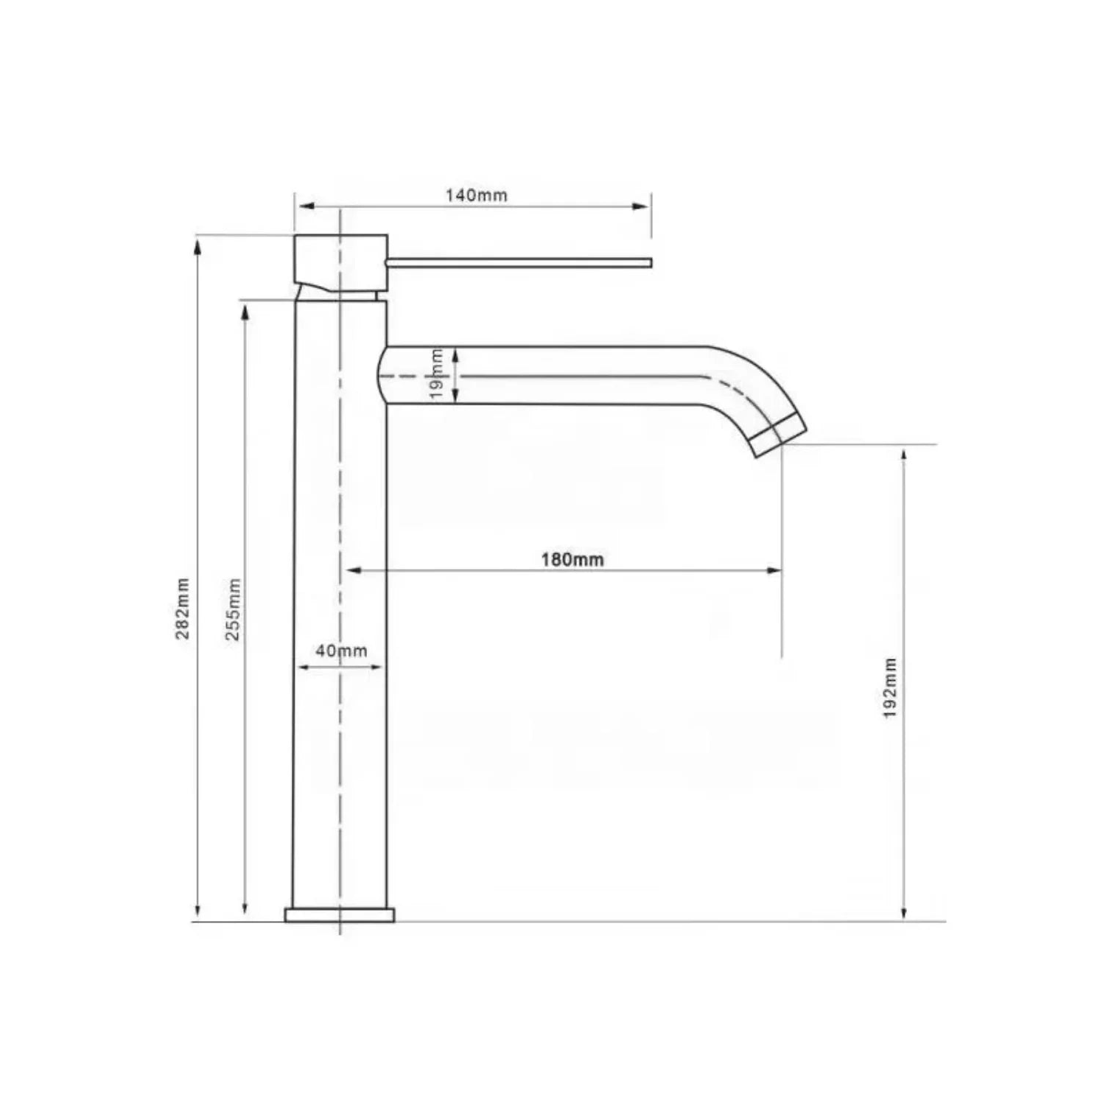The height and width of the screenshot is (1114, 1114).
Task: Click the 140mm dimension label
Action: [476, 195]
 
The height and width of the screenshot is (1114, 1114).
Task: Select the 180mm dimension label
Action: [572, 559]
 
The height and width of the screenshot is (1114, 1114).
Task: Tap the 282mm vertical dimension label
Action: [183, 609]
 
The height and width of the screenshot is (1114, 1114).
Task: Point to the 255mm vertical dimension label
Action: [233, 609]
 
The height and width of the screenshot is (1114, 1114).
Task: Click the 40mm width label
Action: [341, 651]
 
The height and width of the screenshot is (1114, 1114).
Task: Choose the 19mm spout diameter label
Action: [437, 374]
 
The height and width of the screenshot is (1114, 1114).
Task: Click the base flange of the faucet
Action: [340, 915]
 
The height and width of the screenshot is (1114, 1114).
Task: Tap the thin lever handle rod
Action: [519, 262]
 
